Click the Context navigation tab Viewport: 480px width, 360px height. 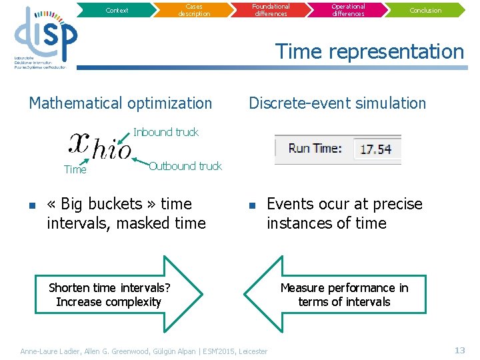pyautogui.click(x=117, y=10)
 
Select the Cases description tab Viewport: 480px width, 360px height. pyautogui.click(x=194, y=10)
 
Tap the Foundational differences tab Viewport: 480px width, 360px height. pyautogui.click(x=271, y=10)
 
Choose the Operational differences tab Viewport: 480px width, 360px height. pyautogui.click(x=348, y=10)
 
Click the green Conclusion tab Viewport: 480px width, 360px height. pyautogui.click(x=425, y=10)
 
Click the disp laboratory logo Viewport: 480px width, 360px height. pyautogui.click(x=45, y=37)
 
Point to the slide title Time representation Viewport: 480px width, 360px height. pyautogui.click(x=369, y=51)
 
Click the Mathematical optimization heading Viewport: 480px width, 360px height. pyautogui.click(x=121, y=103)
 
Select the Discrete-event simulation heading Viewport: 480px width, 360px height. pyautogui.click(x=337, y=103)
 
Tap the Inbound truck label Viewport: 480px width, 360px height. pyautogui.click(x=166, y=132)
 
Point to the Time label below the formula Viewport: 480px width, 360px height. pyautogui.click(x=75, y=170)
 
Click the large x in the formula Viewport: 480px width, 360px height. pyautogui.click(x=80, y=142)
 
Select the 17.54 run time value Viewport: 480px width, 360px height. pyautogui.click(x=376, y=149)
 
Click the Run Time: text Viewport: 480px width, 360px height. pyautogui.click(x=315, y=149)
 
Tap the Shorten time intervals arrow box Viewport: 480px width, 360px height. pyautogui.click(x=110, y=295)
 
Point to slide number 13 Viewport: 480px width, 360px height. pyautogui.click(x=459, y=350)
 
